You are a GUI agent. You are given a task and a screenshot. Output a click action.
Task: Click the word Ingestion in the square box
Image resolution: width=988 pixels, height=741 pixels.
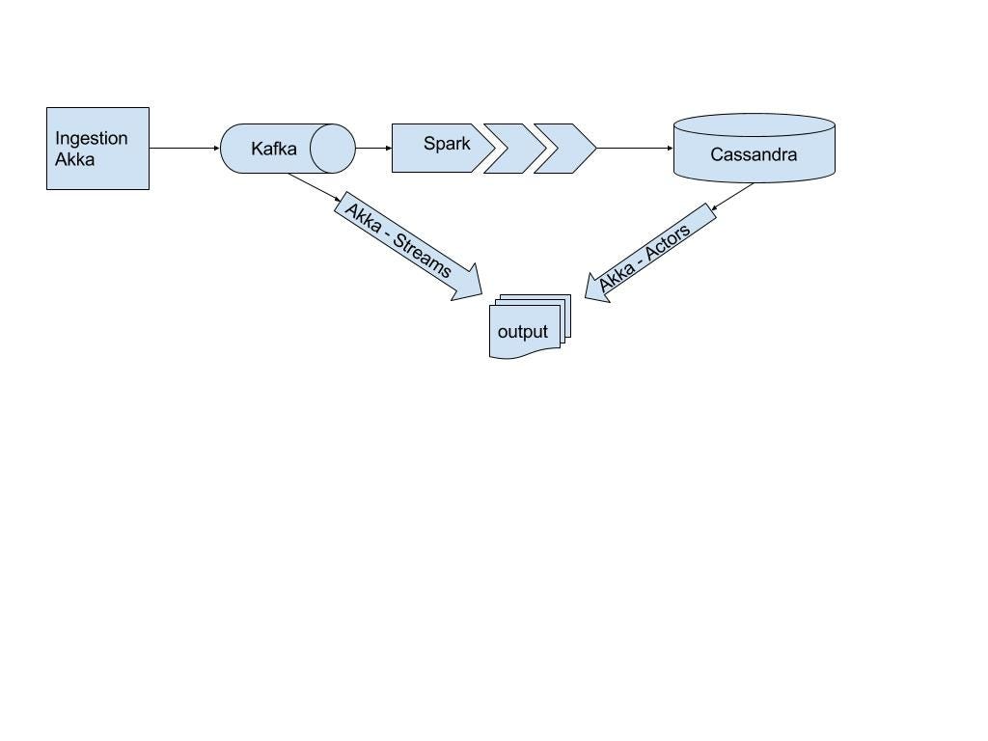tap(91, 138)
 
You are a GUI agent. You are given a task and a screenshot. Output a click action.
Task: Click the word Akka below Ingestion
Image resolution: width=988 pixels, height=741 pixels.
tap(74, 159)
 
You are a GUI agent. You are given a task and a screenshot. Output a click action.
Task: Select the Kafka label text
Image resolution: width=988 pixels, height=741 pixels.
tap(273, 149)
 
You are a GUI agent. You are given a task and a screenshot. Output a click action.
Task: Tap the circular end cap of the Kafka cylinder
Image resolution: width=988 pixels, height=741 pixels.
tap(333, 149)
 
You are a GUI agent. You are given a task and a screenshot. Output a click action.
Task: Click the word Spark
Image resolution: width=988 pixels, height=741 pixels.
tap(447, 144)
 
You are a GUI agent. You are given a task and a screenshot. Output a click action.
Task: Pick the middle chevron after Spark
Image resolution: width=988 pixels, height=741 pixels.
tap(513, 149)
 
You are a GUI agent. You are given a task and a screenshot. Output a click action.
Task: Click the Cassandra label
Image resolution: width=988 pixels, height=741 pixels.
tap(754, 154)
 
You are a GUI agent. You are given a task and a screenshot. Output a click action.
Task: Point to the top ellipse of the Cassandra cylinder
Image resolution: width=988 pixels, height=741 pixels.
tap(754, 124)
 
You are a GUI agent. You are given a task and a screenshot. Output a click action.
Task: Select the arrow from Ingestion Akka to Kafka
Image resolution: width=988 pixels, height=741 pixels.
tap(184, 148)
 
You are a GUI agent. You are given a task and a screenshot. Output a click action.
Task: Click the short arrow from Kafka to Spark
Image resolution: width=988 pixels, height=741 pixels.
tap(373, 148)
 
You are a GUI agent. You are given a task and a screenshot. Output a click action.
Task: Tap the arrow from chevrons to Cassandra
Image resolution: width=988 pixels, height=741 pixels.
tap(634, 148)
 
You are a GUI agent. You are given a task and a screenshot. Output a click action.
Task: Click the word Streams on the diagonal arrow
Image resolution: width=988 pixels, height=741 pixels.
tap(424, 255)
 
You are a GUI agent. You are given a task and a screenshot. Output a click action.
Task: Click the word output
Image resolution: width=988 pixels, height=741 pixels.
tap(522, 332)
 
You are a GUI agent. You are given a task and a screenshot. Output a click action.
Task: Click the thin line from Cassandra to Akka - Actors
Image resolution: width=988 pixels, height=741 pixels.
tap(732, 196)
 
